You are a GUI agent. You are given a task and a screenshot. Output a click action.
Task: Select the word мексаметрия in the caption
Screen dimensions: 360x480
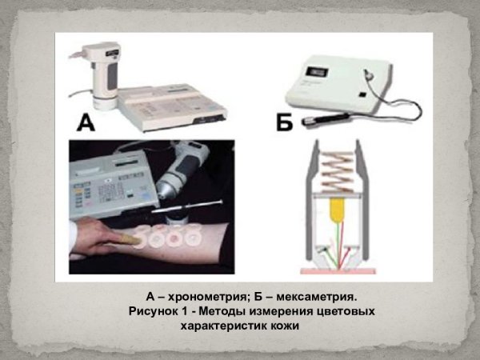(x=315, y=295)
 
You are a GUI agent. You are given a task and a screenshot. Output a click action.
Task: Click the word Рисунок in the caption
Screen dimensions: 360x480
(x=156, y=310)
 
